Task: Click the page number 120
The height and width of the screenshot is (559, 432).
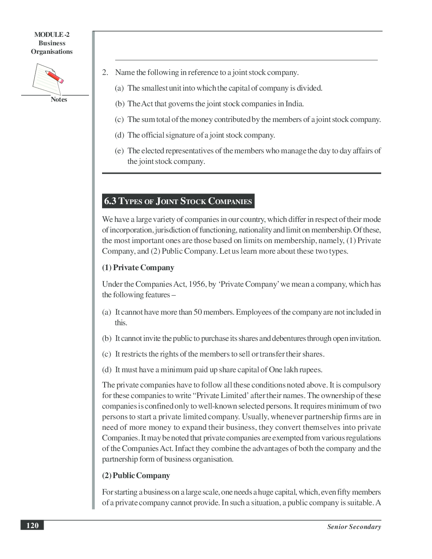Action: coord(32,526)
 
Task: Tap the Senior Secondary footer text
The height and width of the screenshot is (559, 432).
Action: coord(354,527)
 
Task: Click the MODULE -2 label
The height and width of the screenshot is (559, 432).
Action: coord(52,35)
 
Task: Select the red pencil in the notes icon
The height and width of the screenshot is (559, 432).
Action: coord(55,77)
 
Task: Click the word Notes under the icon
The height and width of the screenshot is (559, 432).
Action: coord(59,100)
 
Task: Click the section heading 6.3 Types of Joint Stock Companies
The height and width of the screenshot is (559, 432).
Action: coord(178,201)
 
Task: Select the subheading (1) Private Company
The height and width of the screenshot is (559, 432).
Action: coord(138,268)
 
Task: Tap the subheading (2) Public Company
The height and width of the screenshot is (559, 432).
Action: coord(136,476)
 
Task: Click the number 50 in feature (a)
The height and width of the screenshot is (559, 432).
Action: coord(197,312)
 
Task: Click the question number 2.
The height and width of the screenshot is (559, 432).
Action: coord(105,72)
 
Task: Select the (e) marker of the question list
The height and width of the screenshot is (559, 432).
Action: coord(119,151)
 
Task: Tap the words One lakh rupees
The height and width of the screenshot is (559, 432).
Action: coord(295,370)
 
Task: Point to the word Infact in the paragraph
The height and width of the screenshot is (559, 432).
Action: coord(184,448)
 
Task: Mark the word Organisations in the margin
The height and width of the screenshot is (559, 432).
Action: coord(52,52)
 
